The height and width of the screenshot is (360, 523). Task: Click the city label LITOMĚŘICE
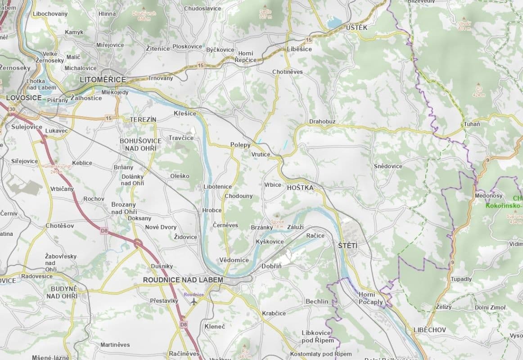click(x=103, y=80)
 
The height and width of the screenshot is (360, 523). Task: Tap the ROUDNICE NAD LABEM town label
click(x=183, y=280)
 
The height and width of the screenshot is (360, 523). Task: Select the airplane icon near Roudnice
click(x=194, y=301)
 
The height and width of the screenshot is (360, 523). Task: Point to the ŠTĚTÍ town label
click(x=347, y=246)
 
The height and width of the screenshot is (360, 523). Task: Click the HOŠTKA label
click(x=300, y=188)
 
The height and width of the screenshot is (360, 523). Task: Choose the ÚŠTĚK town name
click(x=356, y=28)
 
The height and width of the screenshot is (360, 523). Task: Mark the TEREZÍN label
click(x=143, y=120)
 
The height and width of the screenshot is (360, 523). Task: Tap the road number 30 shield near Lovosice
click(x=11, y=109)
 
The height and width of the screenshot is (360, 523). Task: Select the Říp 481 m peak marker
click(x=245, y=353)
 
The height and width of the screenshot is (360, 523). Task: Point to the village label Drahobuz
click(x=322, y=122)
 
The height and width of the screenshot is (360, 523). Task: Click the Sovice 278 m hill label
click(x=277, y=224)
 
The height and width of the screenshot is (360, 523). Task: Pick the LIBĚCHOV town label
click(x=429, y=330)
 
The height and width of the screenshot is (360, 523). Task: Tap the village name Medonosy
click(x=488, y=196)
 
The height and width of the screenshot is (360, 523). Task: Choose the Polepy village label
click(x=240, y=145)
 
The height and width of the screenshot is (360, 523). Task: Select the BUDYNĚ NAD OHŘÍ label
click(x=62, y=292)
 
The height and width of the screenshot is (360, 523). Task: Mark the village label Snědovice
click(x=388, y=166)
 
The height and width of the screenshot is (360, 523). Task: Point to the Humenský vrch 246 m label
click(x=56, y=168)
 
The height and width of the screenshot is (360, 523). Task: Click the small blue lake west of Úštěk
click(x=335, y=22)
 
